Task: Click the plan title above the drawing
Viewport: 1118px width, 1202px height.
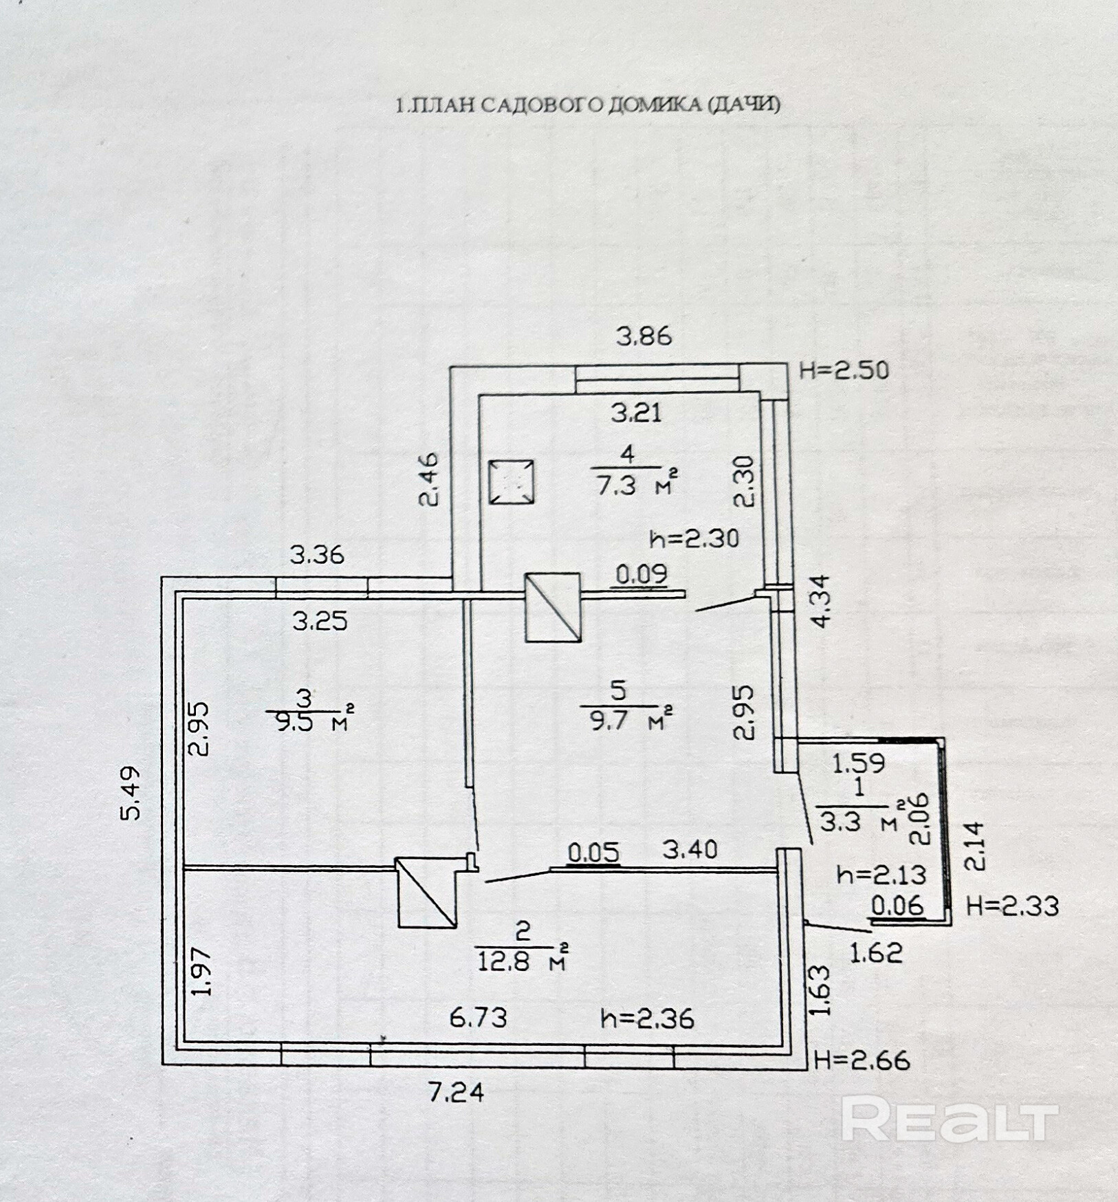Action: (588, 105)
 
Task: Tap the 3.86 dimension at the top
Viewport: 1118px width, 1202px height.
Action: (644, 337)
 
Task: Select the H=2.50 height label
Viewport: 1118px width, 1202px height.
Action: (844, 371)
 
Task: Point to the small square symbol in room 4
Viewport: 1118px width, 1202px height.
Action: (511, 482)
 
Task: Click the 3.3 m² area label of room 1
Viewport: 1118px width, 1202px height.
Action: (859, 820)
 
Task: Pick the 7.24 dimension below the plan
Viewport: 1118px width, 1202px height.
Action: (457, 1092)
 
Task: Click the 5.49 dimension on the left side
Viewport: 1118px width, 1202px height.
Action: (131, 793)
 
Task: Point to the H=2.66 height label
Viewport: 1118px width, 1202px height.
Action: (862, 1060)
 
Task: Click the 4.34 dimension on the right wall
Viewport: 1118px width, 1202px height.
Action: (820, 600)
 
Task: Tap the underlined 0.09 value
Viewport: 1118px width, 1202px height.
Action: (641, 574)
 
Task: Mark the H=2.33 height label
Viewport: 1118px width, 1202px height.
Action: (1012, 906)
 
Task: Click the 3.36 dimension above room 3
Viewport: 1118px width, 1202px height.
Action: (317, 554)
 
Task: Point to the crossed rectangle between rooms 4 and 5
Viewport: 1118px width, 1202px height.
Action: (553, 607)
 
